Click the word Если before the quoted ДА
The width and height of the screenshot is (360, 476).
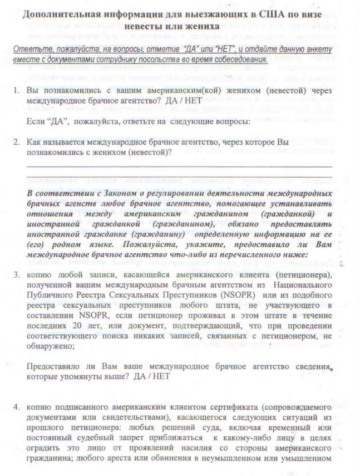tap(36, 121)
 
